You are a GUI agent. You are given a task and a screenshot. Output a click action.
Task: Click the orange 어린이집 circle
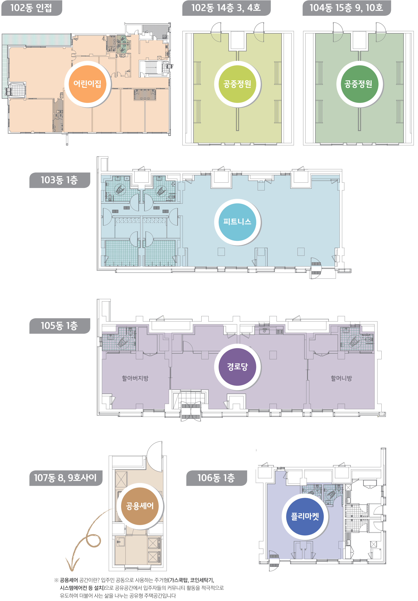(87, 84)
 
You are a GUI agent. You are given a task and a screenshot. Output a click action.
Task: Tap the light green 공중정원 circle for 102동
(237, 84)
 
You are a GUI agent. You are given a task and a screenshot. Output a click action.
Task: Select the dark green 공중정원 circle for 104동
(359, 84)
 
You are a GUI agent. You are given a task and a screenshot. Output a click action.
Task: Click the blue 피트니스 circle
(237, 222)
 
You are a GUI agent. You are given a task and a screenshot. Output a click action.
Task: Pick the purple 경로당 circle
(237, 367)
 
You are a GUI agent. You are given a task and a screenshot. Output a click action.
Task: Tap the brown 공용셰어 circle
(140, 506)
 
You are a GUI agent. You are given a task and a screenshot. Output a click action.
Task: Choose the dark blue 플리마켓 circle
(305, 517)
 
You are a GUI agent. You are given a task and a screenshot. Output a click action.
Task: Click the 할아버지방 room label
(135, 378)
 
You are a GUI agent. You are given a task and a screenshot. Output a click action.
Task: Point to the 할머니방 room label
(341, 378)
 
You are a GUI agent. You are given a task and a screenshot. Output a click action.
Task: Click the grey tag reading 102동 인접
(32, 8)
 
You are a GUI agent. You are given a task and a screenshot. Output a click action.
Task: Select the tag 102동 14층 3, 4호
(226, 8)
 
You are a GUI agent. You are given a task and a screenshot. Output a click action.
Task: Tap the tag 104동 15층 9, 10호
(347, 8)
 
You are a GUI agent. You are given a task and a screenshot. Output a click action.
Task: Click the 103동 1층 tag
(60, 180)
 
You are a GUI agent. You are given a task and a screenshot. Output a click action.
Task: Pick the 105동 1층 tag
(60, 326)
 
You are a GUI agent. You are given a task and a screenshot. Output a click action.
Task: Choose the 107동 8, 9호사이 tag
(66, 478)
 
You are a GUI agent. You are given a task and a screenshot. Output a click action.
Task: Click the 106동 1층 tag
(216, 478)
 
